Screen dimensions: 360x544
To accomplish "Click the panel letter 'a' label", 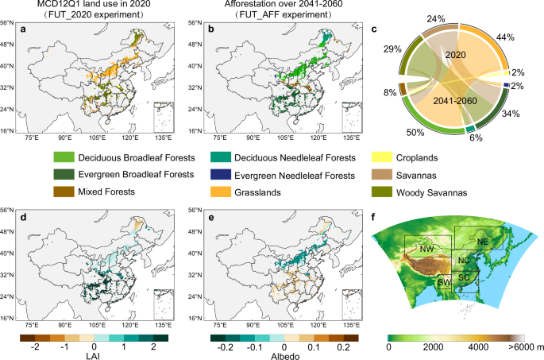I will pyautogui.click(x=32, y=29).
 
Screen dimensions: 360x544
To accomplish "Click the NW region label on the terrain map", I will pyautogui.click(x=426, y=249).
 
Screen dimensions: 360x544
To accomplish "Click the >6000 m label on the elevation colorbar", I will pyautogui.click(x=521, y=348).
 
